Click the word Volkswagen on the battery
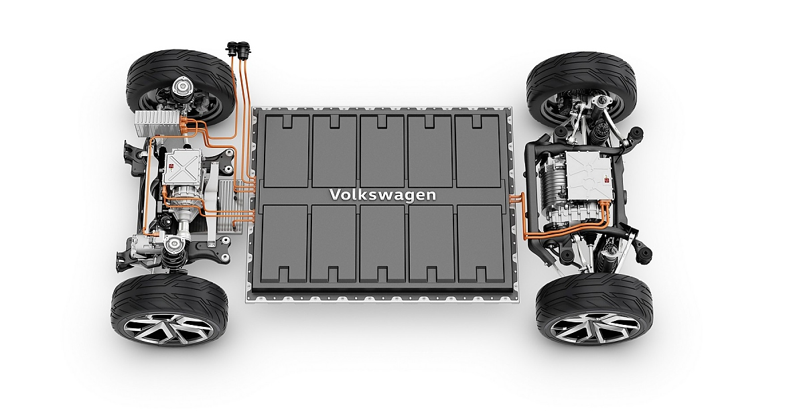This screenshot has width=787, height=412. pyautogui.click(x=382, y=195)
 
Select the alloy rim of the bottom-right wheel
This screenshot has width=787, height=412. pyautogui.click(x=595, y=327)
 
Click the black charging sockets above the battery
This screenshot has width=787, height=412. pyautogui.click(x=238, y=48)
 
